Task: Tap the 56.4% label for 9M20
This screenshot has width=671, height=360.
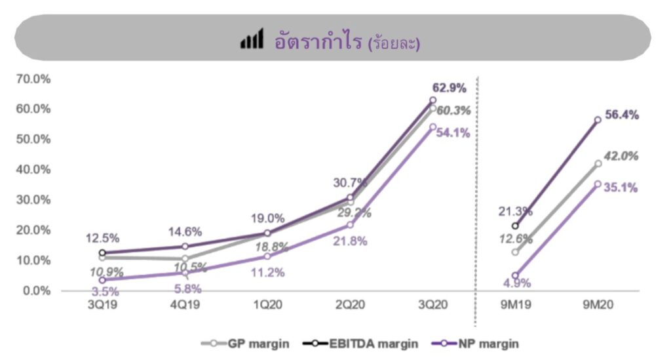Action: point(621,115)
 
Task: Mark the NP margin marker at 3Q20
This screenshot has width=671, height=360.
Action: point(432,127)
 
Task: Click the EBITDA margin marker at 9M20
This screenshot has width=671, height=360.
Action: point(598,120)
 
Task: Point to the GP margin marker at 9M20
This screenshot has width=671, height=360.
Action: point(598,164)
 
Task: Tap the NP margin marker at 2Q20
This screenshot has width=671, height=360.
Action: point(350,224)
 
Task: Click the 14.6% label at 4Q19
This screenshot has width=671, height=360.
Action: point(185,231)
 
